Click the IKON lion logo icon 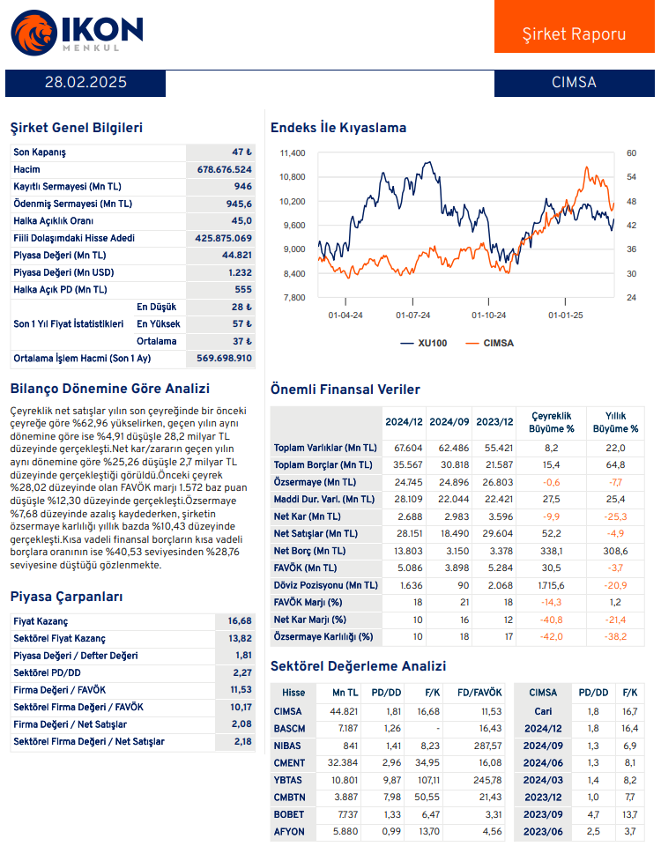pos(32,32)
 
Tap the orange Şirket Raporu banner pos(574,33)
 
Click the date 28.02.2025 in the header pos(85,83)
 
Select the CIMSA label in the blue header pos(574,83)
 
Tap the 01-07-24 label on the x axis pos(412,314)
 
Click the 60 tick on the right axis pos(631,153)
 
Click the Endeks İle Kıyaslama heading pos(338,128)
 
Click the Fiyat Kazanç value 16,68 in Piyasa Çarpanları pos(240,621)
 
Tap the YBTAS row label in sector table pos(289,782)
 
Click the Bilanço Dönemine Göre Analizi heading pos(109,388)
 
